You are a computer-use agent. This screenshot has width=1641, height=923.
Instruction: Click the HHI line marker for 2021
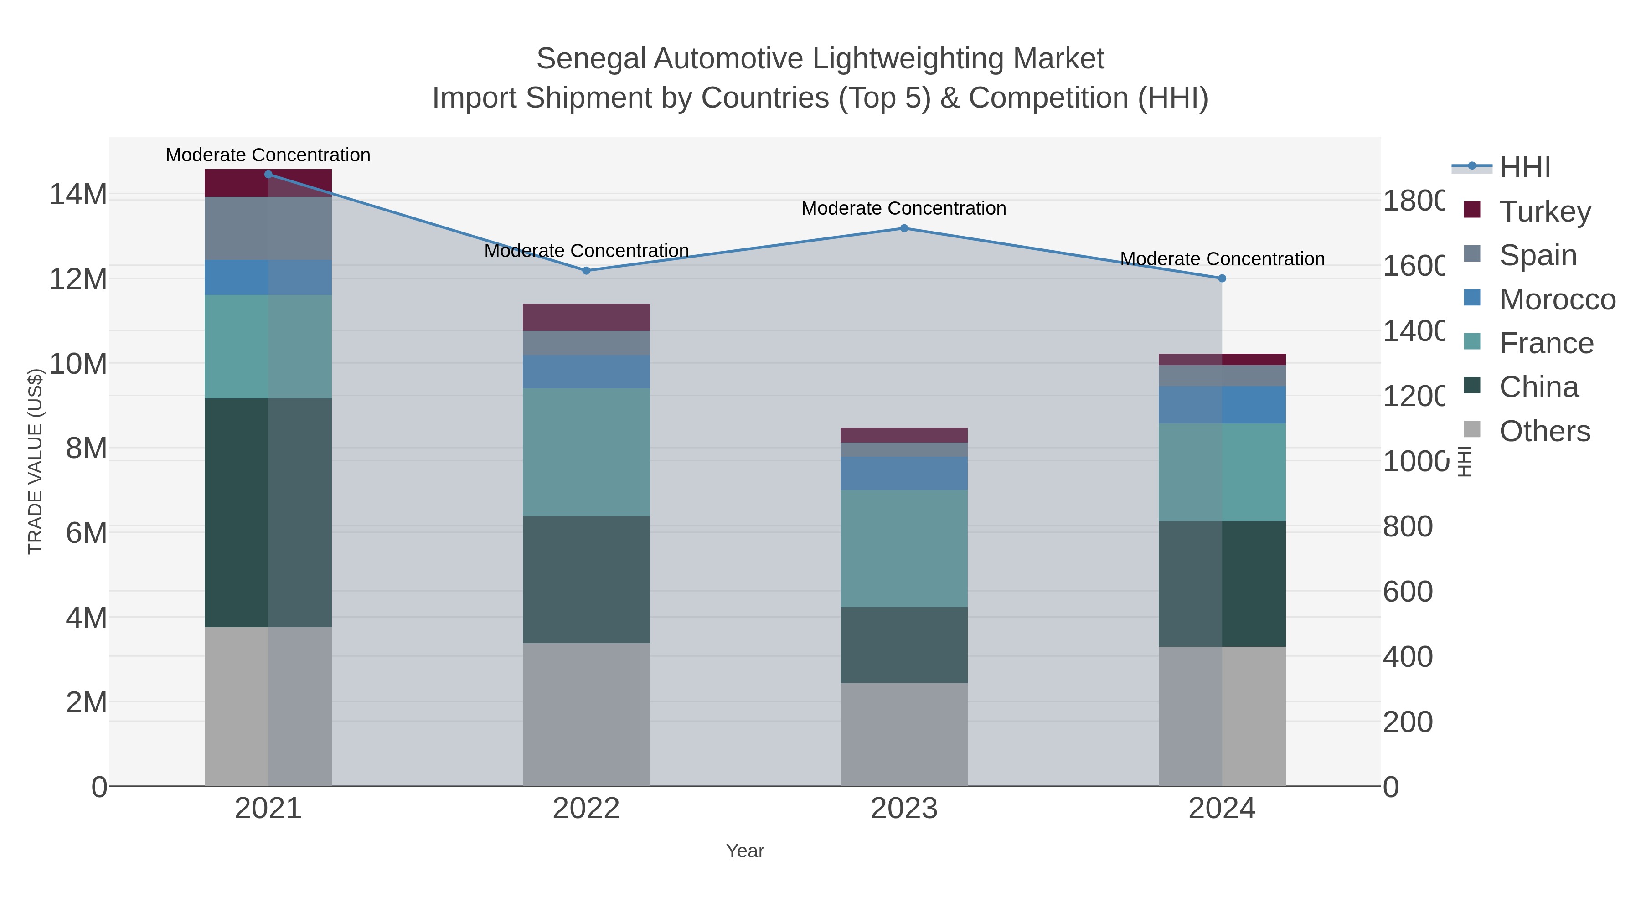point(268,175)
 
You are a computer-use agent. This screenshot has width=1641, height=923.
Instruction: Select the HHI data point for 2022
point(586,271)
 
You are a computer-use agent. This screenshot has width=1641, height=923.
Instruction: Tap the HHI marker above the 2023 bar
point(904,228)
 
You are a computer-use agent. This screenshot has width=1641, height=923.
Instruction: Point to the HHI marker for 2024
point(1222,278)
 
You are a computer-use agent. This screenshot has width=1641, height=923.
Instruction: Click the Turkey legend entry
point(1544,211)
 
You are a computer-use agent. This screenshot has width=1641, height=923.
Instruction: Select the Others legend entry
point(1544,431)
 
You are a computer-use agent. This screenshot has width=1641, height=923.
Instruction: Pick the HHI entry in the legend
point(1524,168)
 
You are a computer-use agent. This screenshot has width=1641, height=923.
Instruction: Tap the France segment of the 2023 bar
point(904,548)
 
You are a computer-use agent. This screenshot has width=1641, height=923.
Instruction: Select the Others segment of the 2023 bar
point(904,734)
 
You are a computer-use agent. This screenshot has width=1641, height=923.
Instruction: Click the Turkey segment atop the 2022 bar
point(586,317)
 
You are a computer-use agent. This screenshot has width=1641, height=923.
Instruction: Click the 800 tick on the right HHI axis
point(1408,527)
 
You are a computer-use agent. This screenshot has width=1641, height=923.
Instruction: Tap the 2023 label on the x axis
point(904,809)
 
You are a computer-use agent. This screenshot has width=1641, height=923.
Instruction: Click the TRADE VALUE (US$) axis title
point(36,461)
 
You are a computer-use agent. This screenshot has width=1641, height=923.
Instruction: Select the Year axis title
point(745,851)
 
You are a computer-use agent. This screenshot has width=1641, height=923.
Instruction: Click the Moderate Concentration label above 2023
point(903,208)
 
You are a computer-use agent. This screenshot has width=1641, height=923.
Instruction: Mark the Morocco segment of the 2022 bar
point(586,371)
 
